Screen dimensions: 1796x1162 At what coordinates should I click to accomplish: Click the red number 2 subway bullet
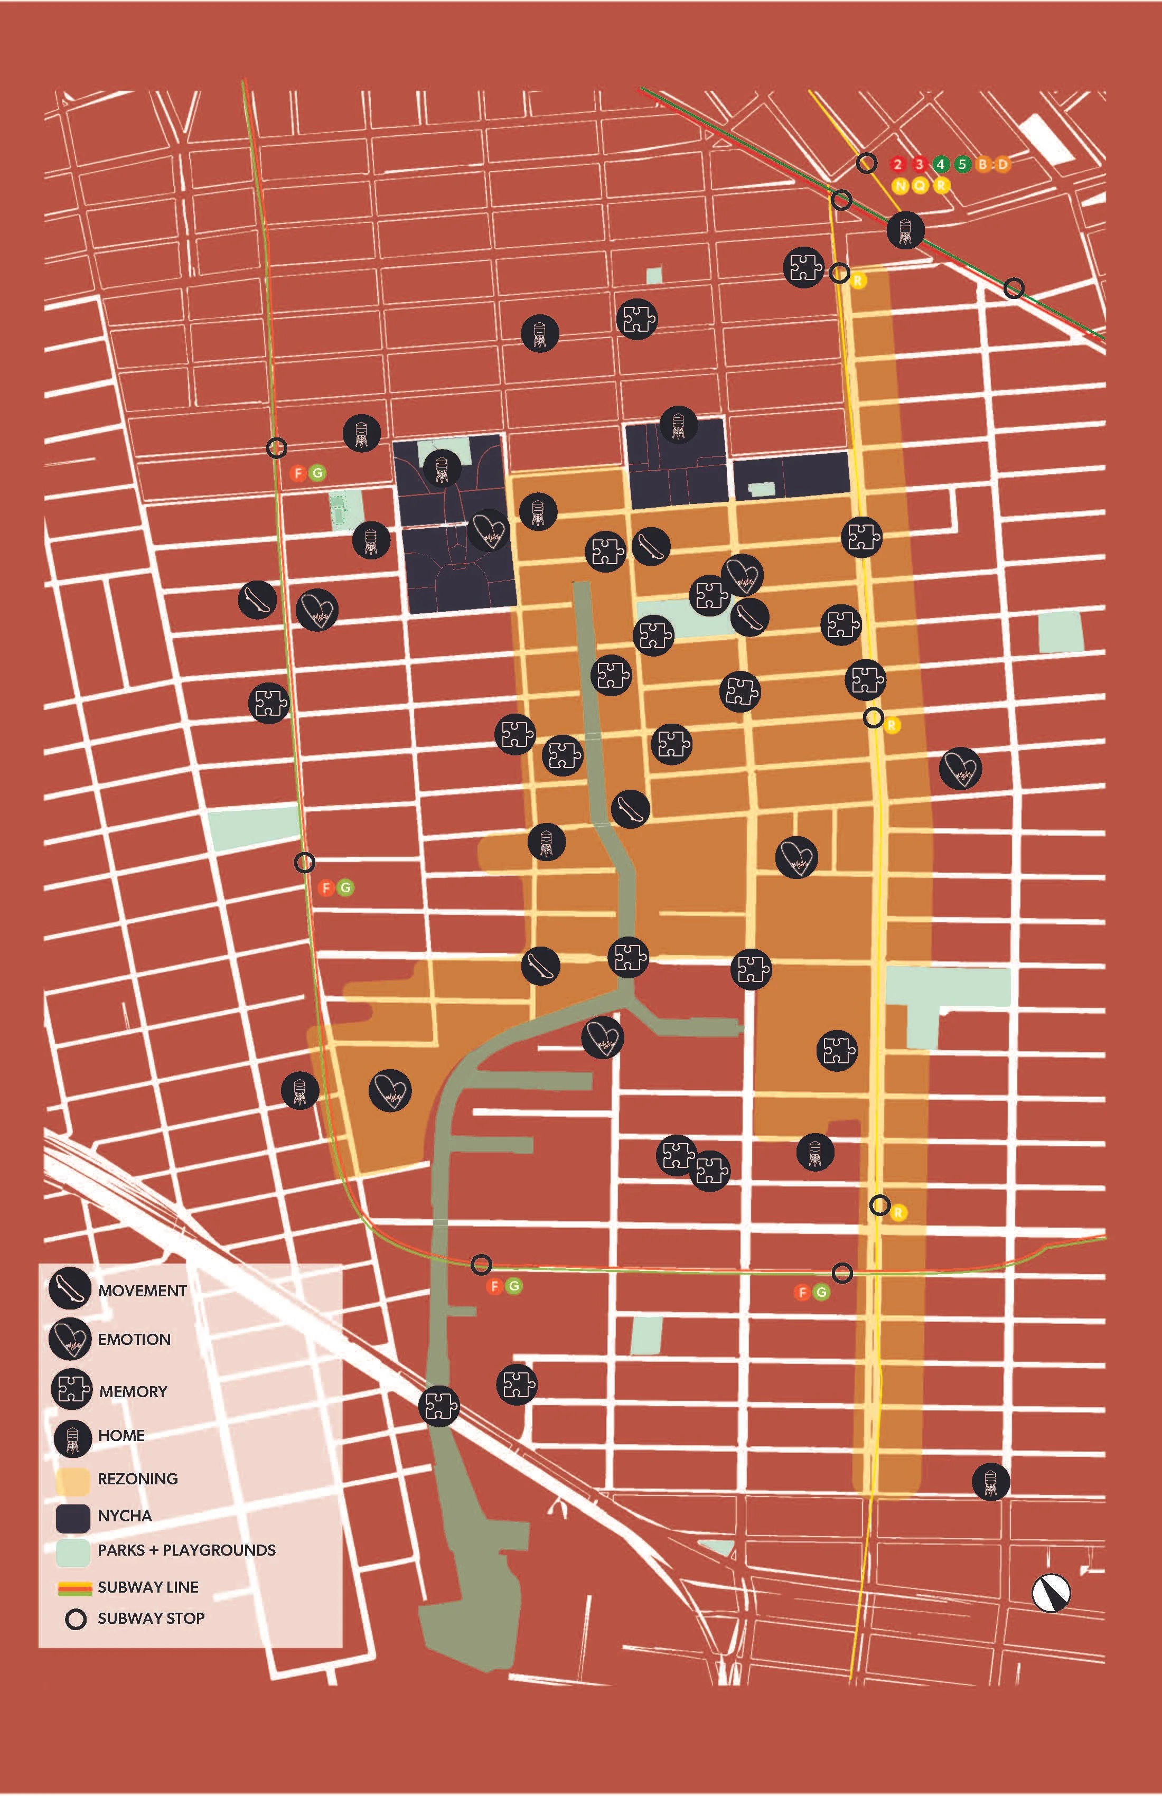click(897, 164)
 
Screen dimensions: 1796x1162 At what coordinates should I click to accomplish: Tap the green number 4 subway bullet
click(940, 164)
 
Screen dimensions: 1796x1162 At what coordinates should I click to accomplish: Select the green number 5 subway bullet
click(962, 164)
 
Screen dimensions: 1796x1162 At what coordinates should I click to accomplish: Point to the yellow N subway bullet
click(900, 185)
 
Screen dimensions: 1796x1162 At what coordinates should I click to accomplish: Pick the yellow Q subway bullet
click(920, 185)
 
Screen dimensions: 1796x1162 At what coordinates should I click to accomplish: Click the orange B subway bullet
click(982, 164)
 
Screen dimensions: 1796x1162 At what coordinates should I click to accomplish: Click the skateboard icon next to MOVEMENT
click(70, 1289)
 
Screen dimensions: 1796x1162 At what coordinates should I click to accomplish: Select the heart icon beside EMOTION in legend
click(70, 1340)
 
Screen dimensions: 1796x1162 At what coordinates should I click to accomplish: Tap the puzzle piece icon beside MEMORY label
click(72, 1389)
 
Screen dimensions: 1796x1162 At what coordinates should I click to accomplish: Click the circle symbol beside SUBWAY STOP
click(76, 1620)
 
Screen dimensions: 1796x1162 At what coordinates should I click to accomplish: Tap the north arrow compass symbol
click(1051, 1593)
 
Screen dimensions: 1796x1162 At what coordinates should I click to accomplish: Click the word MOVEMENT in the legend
click(142, 1291)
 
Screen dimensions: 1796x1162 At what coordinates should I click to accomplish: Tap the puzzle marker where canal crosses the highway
click(439, 1406)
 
